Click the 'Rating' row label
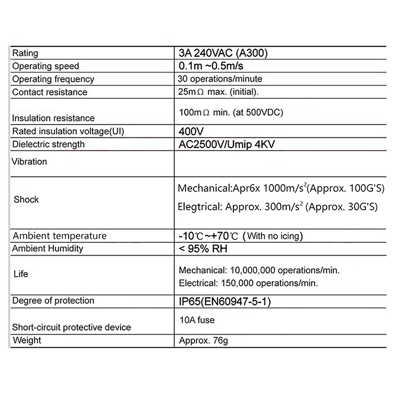pyautogui.click(x=25, y=54)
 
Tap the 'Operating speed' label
pyautogui.click(x=45, y=66)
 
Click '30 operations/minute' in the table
pyautogui.click(x=220, y=79)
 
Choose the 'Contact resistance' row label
pyautogui.click(x=49, y=92)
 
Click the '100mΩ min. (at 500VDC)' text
pyautogui.click(x=230, y=112)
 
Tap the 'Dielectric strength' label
pyautogui.click(x=48, y=144)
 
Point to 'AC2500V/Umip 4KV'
pyautogui.click(x=230, y=144)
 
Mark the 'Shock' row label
pyautogui.click(x=26, y=200)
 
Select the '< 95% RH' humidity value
pyautogui.click(x=203, y=249)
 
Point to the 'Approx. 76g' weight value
pyautogui.click(x=204, y=340)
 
